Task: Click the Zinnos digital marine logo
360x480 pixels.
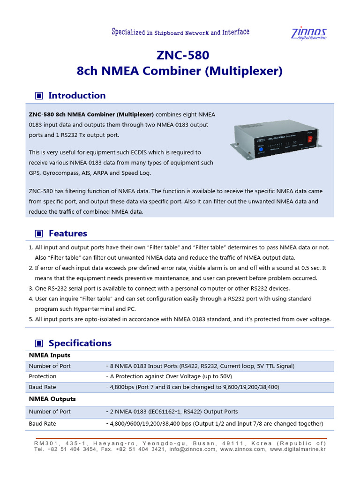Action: (309, 34)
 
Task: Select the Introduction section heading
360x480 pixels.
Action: (77, 96)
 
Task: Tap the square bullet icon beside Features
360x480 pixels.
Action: (39, 233)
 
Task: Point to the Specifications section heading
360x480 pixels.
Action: (80, 343)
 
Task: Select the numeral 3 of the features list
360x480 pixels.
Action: (31, 288)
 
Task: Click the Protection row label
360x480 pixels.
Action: (43, 376)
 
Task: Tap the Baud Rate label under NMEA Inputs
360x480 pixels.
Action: (43, 388)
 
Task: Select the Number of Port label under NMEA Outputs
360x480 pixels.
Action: (50, 412)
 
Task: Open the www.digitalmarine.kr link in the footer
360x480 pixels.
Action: (297, 449)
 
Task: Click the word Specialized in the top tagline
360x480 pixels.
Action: (128, 32)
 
